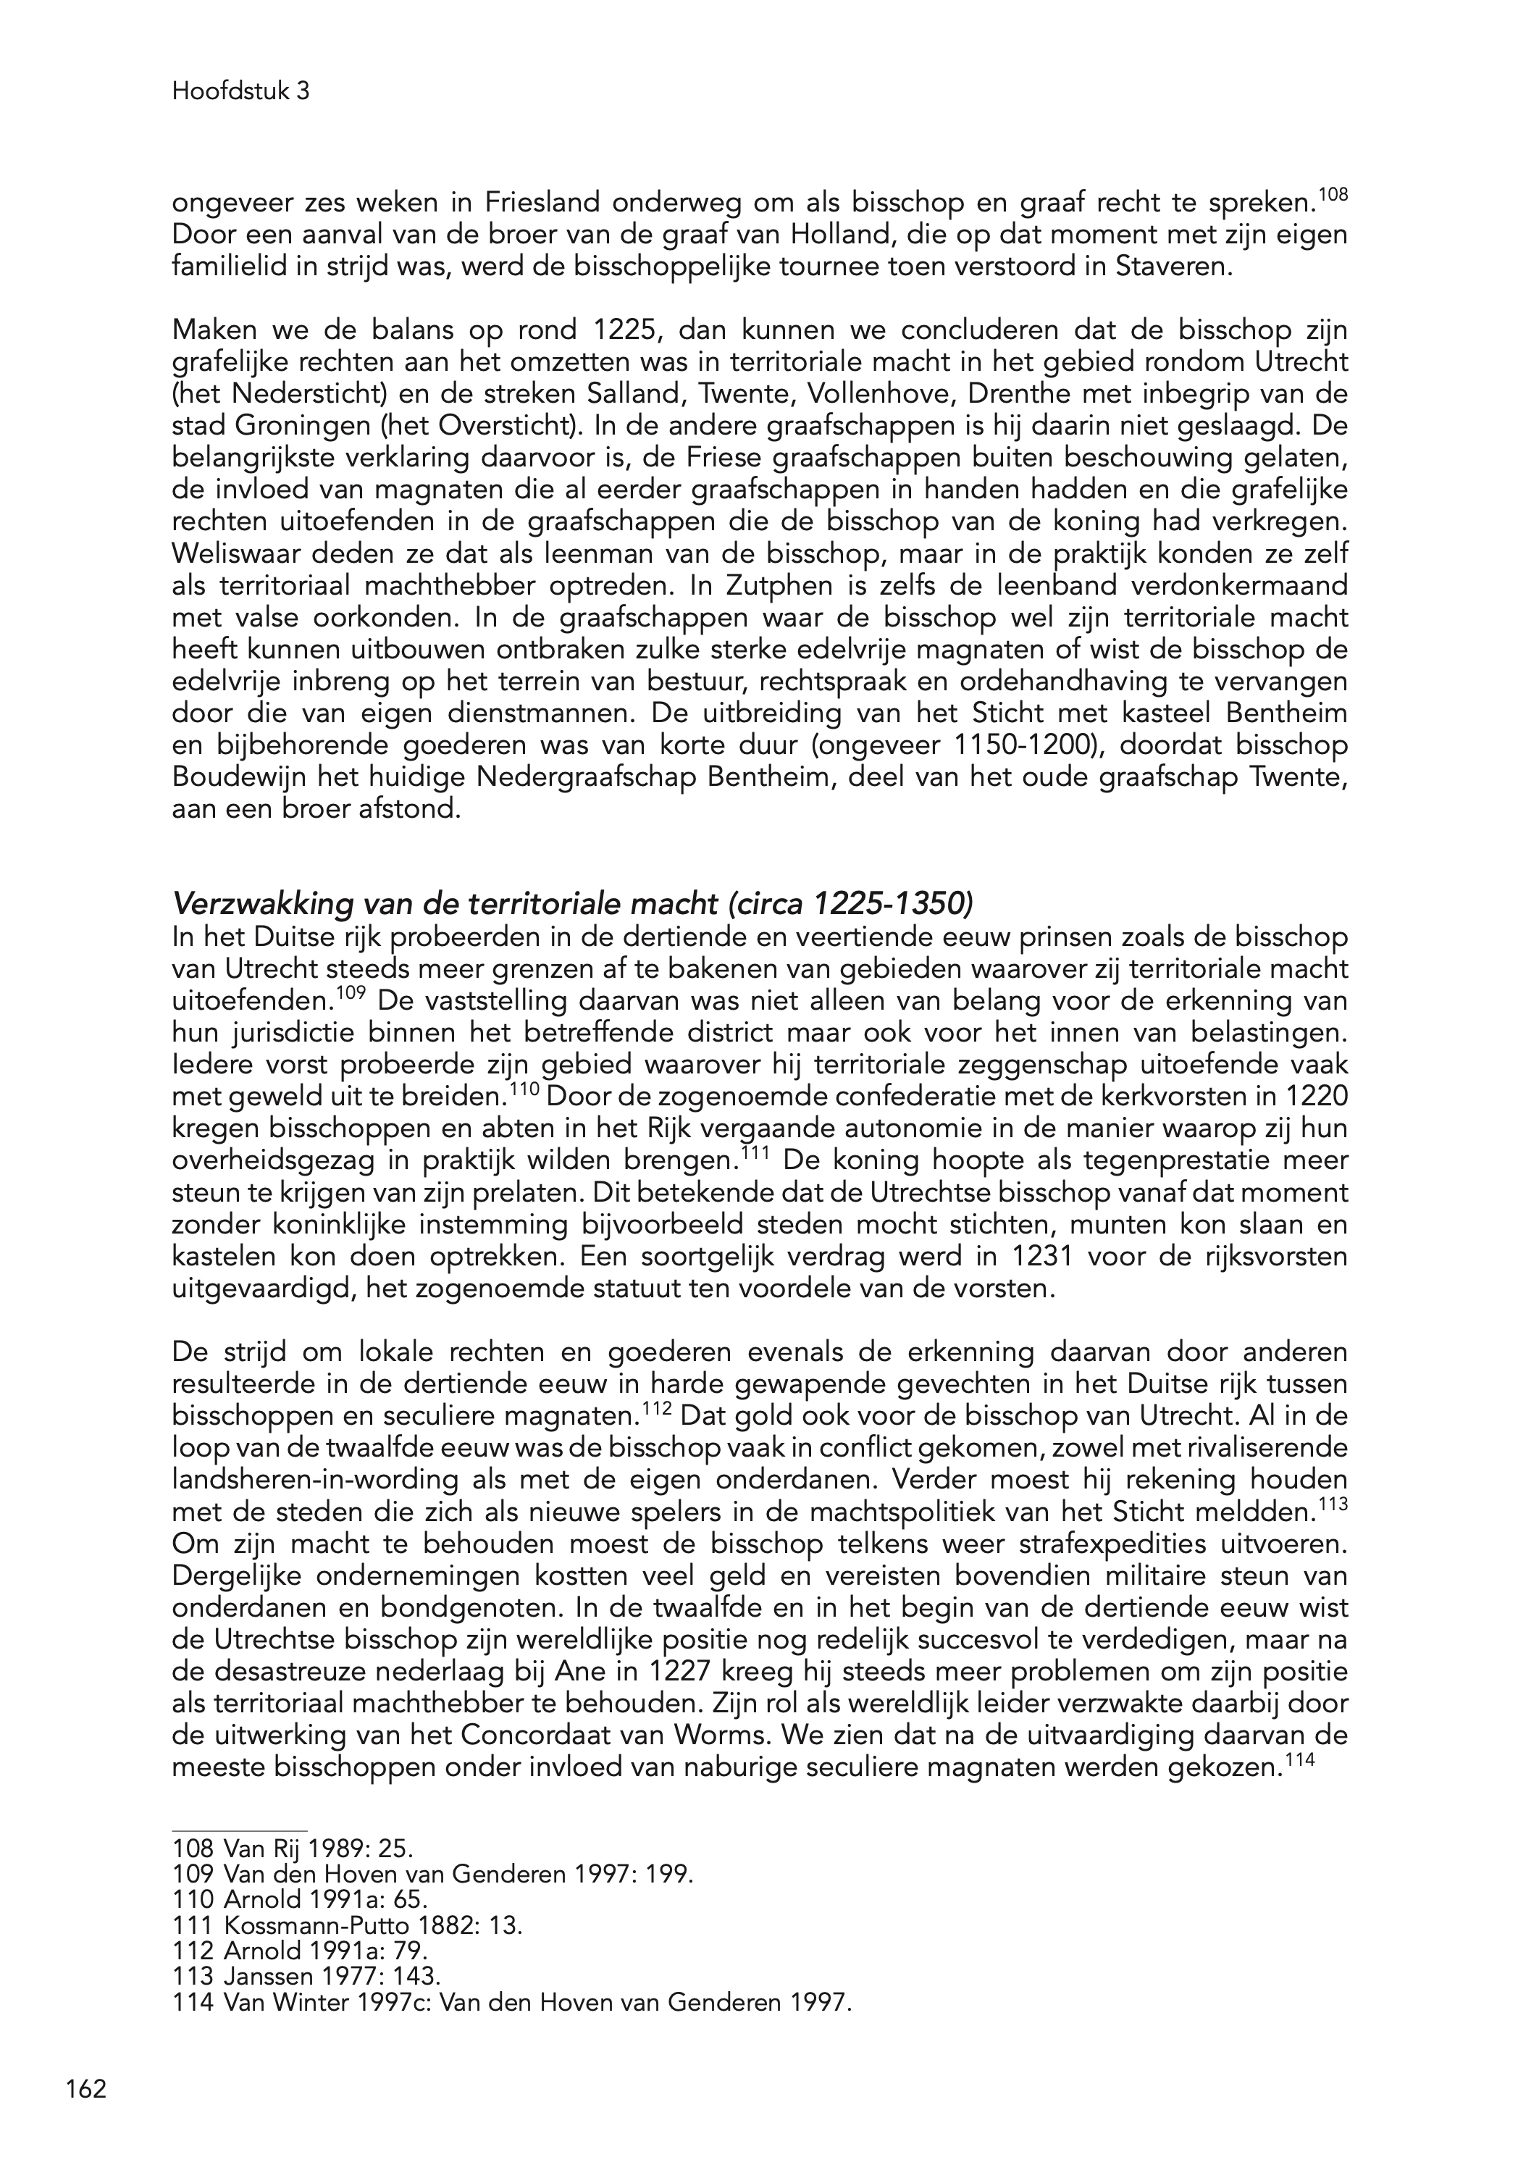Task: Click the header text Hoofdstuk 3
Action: tap(240, 92)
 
